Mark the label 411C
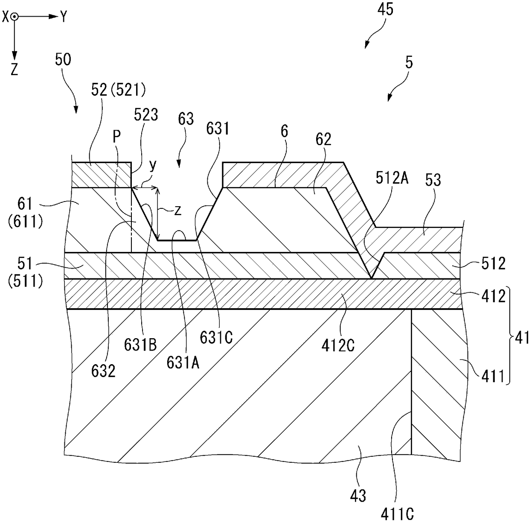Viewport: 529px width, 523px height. coord(401,514)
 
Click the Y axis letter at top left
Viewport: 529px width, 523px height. coord(63,17)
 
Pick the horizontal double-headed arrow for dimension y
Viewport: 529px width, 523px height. coord(145,187)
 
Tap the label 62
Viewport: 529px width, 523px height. coord(323,140)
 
